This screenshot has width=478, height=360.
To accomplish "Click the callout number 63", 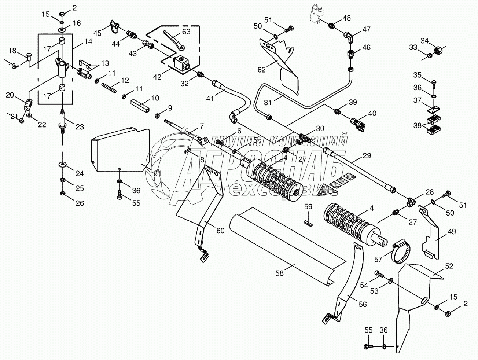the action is [x=186, y=32].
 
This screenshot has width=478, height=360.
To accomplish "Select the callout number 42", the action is [x=157, y=77].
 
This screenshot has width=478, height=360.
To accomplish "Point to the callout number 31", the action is [x=268, y=102].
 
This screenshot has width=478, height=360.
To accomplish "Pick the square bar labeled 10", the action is [x=140, y=106].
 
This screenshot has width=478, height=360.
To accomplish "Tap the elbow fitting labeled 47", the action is [x=349, y=37].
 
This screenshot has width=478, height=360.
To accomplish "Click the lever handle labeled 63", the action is [x=173, y=40].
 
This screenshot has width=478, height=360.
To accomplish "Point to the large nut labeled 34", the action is [x=438, y=50].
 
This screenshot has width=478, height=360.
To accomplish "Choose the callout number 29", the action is [x=367, y=155].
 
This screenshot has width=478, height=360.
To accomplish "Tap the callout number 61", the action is [x=157, y=173].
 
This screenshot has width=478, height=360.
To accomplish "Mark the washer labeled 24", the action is [x=63, y=164].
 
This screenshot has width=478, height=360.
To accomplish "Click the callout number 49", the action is [x=452, y=231].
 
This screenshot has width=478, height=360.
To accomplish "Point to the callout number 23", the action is [x=80, y=127].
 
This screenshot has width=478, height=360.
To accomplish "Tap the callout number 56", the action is [x=363, y=304].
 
